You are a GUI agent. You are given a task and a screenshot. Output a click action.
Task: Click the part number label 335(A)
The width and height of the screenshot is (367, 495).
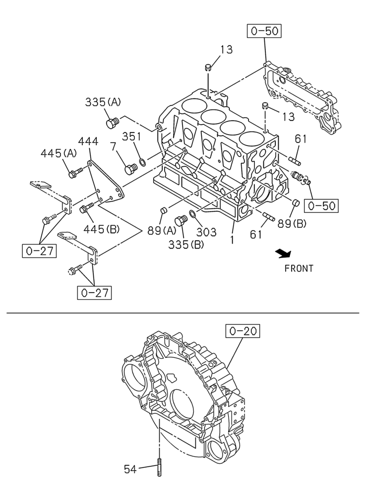coord(103,102)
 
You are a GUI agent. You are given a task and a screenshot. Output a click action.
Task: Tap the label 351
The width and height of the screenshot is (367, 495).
coord(132,137)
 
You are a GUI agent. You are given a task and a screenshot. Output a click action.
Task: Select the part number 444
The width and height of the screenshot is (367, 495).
coord(88,142)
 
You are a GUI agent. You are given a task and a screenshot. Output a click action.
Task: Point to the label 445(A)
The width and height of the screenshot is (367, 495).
coord(59,154)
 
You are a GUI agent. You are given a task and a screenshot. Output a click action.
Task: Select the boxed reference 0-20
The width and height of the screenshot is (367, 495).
coord(244,331)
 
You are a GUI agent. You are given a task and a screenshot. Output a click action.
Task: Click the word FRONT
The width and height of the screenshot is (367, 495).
coord(299,269)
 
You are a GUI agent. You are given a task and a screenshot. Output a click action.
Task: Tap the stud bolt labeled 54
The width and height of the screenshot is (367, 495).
coord(159,467)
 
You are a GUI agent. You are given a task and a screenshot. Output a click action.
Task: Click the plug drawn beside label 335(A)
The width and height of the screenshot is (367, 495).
coord(112,122)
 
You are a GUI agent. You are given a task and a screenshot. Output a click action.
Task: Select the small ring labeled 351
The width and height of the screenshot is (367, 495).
coord(143,162)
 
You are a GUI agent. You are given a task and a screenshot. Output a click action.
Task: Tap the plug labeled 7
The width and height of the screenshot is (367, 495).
coord(131,169)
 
